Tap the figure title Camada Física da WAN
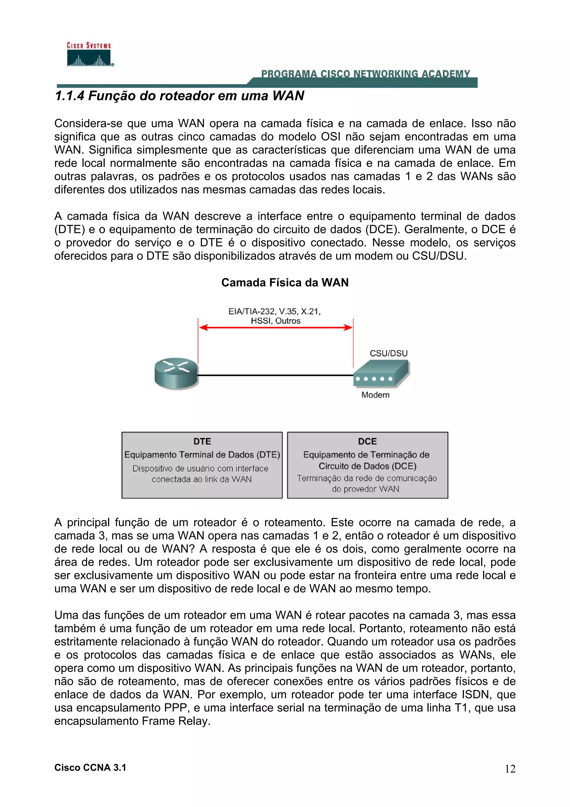(284, 283)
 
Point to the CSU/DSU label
(389, 353)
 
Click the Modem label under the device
(375, 395)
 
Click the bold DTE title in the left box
(202, 441)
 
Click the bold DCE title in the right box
(367, 441)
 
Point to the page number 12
(510, 769)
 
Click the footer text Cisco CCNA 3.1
(90, 768)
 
